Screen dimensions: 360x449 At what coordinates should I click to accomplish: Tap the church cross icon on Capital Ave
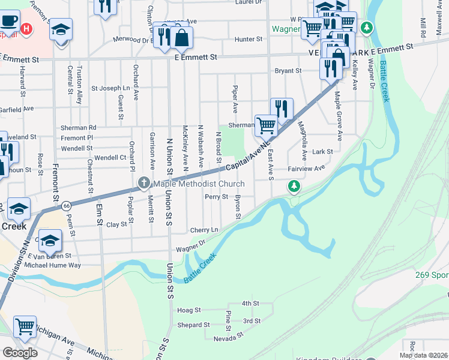(x=143, y=183)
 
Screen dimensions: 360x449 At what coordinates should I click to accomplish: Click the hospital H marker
(x=26, y=28)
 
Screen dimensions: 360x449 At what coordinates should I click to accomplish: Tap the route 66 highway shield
(x=65, y=206)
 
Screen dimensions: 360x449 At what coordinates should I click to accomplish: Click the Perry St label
(x=216, y=197)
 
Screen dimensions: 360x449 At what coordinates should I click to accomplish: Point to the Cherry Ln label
(x=204, y=230)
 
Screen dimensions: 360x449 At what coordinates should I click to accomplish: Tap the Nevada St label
(x=225, y=339)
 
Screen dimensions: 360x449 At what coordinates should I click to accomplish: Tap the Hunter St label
(x=249, y=40)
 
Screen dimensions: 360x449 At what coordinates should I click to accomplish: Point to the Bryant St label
(x=288, y=71)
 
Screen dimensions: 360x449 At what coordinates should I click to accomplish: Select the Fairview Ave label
(x=306, y=169)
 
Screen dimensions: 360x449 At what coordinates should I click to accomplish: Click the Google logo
(x=19, y=352)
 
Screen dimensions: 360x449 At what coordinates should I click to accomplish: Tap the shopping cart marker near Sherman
(x=265, y=126)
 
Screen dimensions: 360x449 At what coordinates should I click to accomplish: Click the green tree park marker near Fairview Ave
(x=294, y=188)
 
